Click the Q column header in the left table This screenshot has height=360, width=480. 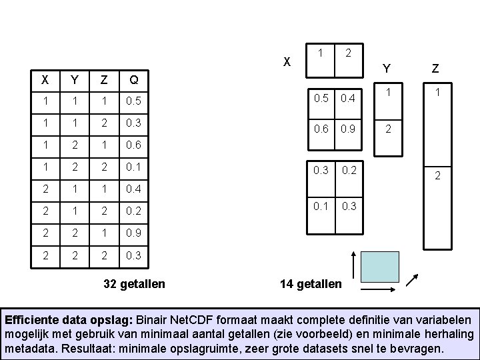[x=134, y=81]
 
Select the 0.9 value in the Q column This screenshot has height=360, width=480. [x=134, y=234]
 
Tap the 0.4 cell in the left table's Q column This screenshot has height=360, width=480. [x=134, y=190]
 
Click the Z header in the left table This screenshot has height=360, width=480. [x=103, y=81]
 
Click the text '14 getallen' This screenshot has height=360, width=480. [x=311, y=284]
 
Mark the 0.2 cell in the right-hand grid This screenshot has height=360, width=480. [x=347, y=170]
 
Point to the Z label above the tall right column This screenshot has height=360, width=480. [x=435, y=68]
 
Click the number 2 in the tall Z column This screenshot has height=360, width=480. [x=437, y=176]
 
